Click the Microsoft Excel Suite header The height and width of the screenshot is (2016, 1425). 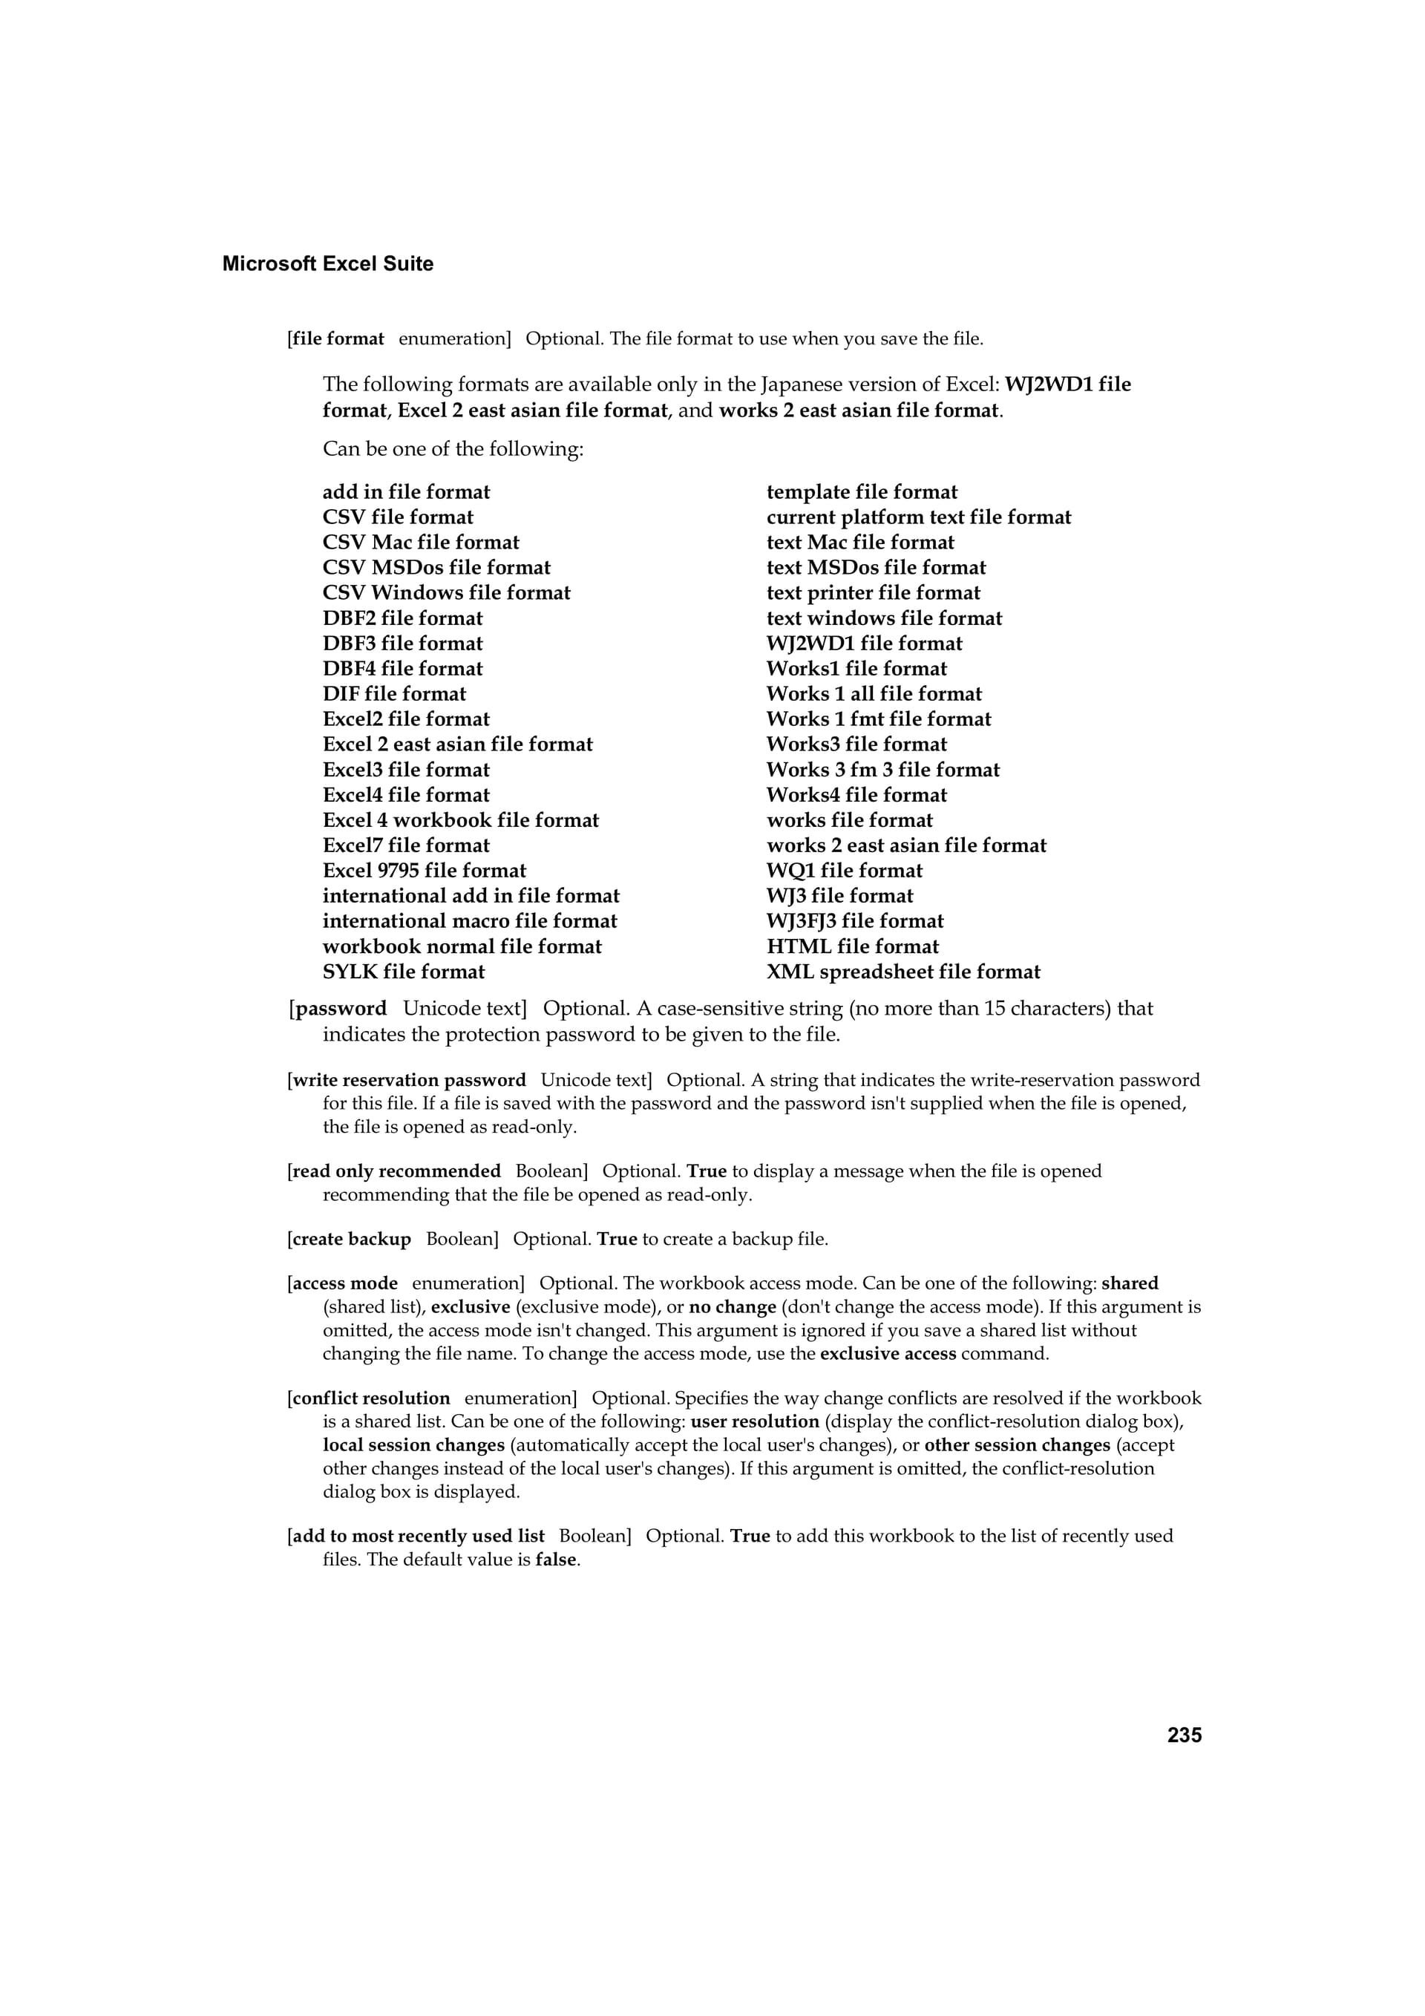coord(327,264)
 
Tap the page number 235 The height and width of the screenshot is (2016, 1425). coord(1185,1735)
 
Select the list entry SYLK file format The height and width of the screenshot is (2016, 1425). coord(403,972)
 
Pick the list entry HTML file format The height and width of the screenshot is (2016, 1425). coord(853,946)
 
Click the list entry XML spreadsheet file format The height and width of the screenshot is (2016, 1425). coord(902,972)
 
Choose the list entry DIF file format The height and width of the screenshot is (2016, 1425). coord(394,694)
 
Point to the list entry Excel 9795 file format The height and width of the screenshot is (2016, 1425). coord(424,871)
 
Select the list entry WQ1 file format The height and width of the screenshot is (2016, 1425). coord(845,871)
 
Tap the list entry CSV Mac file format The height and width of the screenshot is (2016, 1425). coord(421,543)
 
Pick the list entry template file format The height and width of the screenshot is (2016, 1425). coord(862,493)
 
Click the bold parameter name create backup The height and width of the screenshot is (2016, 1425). coord(351,1239)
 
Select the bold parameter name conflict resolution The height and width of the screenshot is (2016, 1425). coord(370,1398)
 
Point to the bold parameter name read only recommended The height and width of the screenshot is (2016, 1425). coord(396,1171)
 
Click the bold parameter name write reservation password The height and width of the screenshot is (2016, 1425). coord(409,1080)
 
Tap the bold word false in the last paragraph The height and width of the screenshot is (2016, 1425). coord(557,1560)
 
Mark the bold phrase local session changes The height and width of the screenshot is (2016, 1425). coord(413,1444)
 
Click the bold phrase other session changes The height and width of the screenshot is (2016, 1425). coord(1017,1444)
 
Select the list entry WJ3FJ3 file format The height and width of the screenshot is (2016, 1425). coord(854,921)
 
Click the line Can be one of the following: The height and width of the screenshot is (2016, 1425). coord(453,450)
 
